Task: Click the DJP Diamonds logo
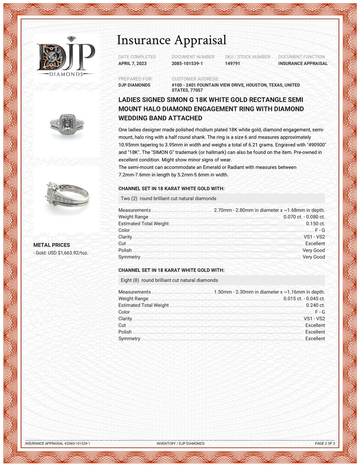[x=66, y=58]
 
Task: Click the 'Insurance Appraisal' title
[x=171, y=40]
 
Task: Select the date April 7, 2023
[x=132, y=63]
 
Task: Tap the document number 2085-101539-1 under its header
[x=187, y=63]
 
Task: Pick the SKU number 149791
[x=233, y=63]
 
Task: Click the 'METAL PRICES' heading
[x=51, y=245]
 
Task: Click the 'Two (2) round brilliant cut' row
[x=168, y=198]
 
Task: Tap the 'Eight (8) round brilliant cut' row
[x=169, y=280]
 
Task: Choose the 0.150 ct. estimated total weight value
[x=315, y=224]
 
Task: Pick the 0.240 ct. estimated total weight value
[x=315, y=305]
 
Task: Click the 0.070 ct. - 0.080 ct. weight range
[x=304, y=217]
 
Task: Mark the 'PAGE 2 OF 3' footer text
[x=325, y=443]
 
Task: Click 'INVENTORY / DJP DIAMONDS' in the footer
[x=180, y=443]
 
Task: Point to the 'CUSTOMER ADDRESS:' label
[x=195, y=79]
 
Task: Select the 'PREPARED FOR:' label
[x=135, y=79]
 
